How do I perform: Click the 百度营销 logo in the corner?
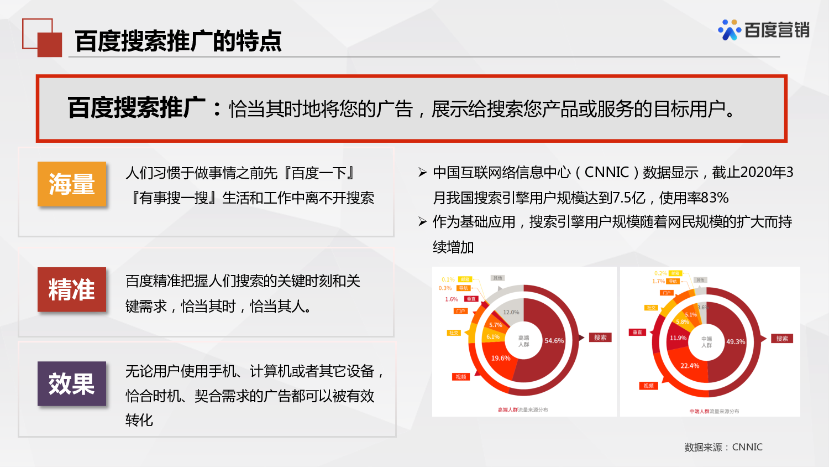pos(764,30)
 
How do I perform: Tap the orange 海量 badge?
pos(72,184)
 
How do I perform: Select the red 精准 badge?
pos(72,290)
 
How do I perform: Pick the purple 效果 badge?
pos(72,383)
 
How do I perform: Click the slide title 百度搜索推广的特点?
pos(178,41)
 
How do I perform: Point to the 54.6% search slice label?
pos(554,341)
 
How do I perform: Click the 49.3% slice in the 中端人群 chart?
pos(735,342)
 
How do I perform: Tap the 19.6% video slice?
pos(501,359)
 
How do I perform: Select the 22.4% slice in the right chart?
pos(689,366)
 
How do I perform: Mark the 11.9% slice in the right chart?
pos(678,338)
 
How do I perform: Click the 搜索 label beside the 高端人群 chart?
pos(600,338)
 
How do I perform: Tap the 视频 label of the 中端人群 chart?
pos(648,386)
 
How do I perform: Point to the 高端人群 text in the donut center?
pos(523,341)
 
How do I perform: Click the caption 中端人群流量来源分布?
pos(714,411)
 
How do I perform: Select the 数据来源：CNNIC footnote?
pos(723,447)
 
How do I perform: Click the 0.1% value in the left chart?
pos(448,279)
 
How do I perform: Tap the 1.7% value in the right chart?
pos(658,282)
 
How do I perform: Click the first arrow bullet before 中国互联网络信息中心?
pos(422,173)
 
